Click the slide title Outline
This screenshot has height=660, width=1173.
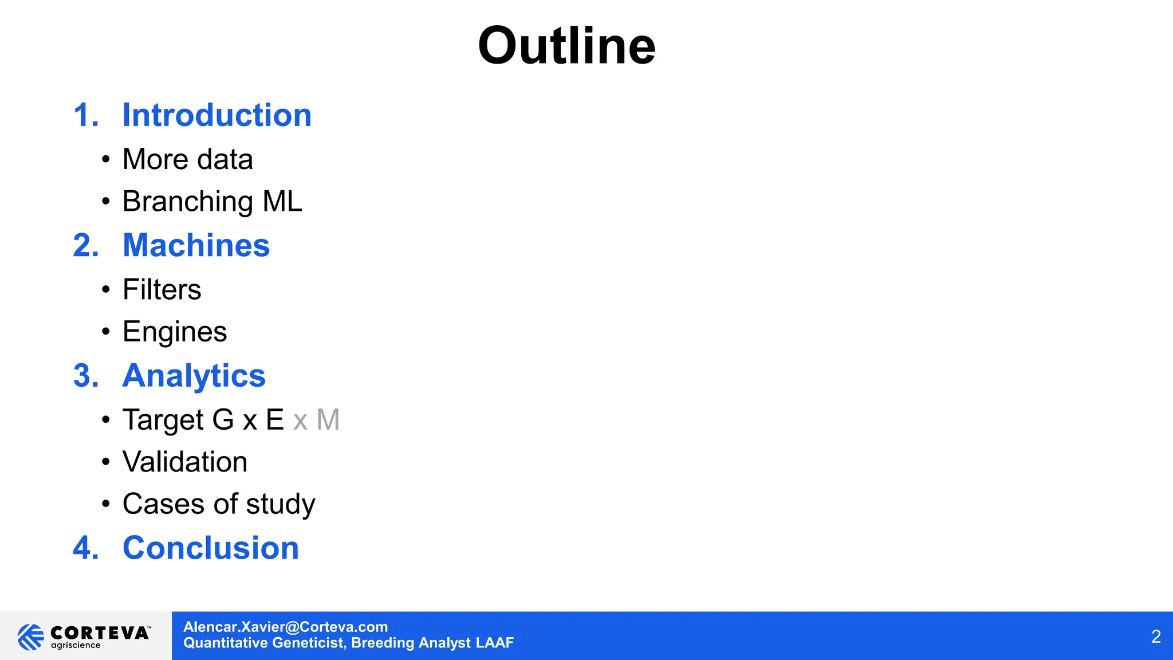pyautogui.click(x=566, y=46)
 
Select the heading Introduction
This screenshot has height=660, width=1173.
pyautogui.click(x=217, y=115)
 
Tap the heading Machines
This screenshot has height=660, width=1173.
pyautogui.click(x=196, y=245)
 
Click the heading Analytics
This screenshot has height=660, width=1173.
pyautogui.click(x=194, y=376)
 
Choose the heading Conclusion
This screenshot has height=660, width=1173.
pyautogui.click(x=211, y=548)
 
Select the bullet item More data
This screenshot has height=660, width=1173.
pyautogui.click(x=187, y=159)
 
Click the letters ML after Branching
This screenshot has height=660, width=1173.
pyautogui.click(x=282, y=202)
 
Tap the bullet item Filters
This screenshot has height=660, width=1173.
pyautogui.click(x=162, y=289)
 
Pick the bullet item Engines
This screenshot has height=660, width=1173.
pyautogui.click(x=175, y=332)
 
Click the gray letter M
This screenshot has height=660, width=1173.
pyautogui.click(x=328, y=420)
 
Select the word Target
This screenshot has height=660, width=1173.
pyautogui.click(x=163, y=420)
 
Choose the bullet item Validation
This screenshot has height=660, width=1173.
pyautogui.click(x=184, y=462)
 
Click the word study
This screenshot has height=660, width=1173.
pyautogui.click(x=281, y=504)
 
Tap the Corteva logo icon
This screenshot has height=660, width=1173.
pyautogui.click(x=30, y=637)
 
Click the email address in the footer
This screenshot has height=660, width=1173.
pyautogui.click(x=285, y=627)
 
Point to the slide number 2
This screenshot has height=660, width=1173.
pyautogui.click(x=1156, y=637)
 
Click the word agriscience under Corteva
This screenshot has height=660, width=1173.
pyautogui.click(x=76, y=646)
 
